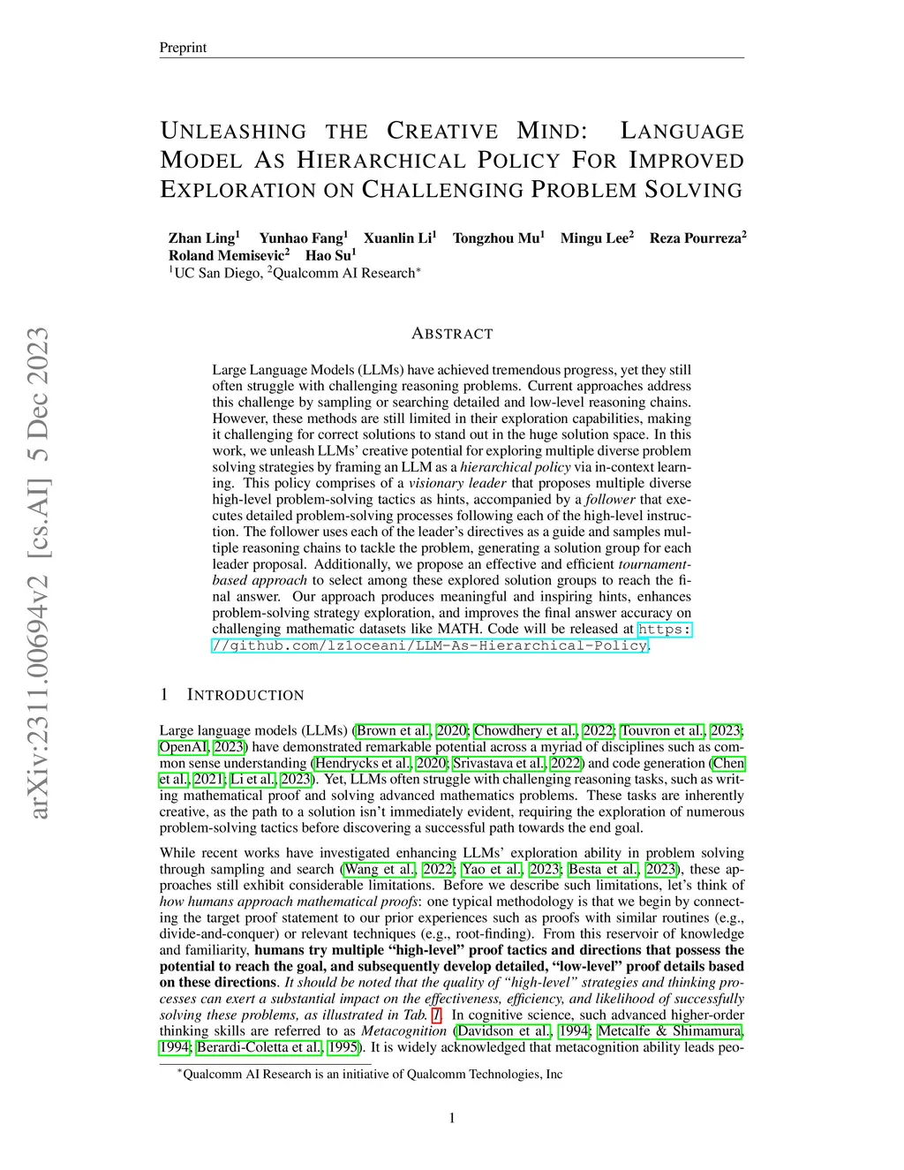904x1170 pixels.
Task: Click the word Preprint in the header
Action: (x=182, y=48)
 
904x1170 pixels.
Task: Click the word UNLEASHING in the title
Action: (x=233, y=132)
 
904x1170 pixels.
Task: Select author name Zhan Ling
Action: (x=201, y=238)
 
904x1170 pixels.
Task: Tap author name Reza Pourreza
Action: (x=696, y=238)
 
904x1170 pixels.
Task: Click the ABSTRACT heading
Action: (x=452, y=334)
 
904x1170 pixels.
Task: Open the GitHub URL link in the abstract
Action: (x=431, y=645)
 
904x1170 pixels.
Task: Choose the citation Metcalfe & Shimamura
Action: (x=671, y=1031)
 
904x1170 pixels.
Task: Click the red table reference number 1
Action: (x=436, y=1015)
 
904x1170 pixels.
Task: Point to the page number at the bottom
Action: (x=452, y=1119)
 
